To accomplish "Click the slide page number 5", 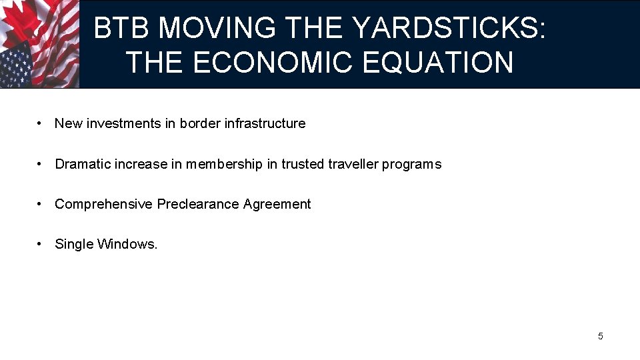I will tap(600, 336).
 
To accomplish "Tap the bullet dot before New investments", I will tap(41, 123).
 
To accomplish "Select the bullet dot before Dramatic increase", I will tap(41, 164).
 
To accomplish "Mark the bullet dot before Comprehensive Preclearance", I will tap(41, 204).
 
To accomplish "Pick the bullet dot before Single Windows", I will tap(41, 244).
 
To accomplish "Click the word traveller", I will tap(353, 164).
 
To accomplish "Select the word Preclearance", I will tap(198, 204).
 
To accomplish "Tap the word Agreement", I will tap(277, 204).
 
